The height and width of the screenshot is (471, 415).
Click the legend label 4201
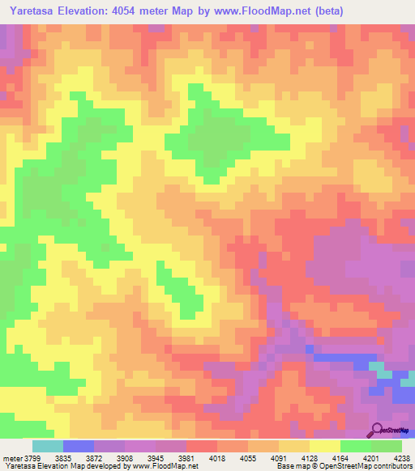click(x=370, y=457)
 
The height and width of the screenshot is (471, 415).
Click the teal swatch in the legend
click(x=48, y=446)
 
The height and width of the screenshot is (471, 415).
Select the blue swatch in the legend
click(x=79, y=446)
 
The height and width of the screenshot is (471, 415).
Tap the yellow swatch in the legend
click(x=325, y=446)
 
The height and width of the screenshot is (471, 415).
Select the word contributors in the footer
click(x=391, y=466)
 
